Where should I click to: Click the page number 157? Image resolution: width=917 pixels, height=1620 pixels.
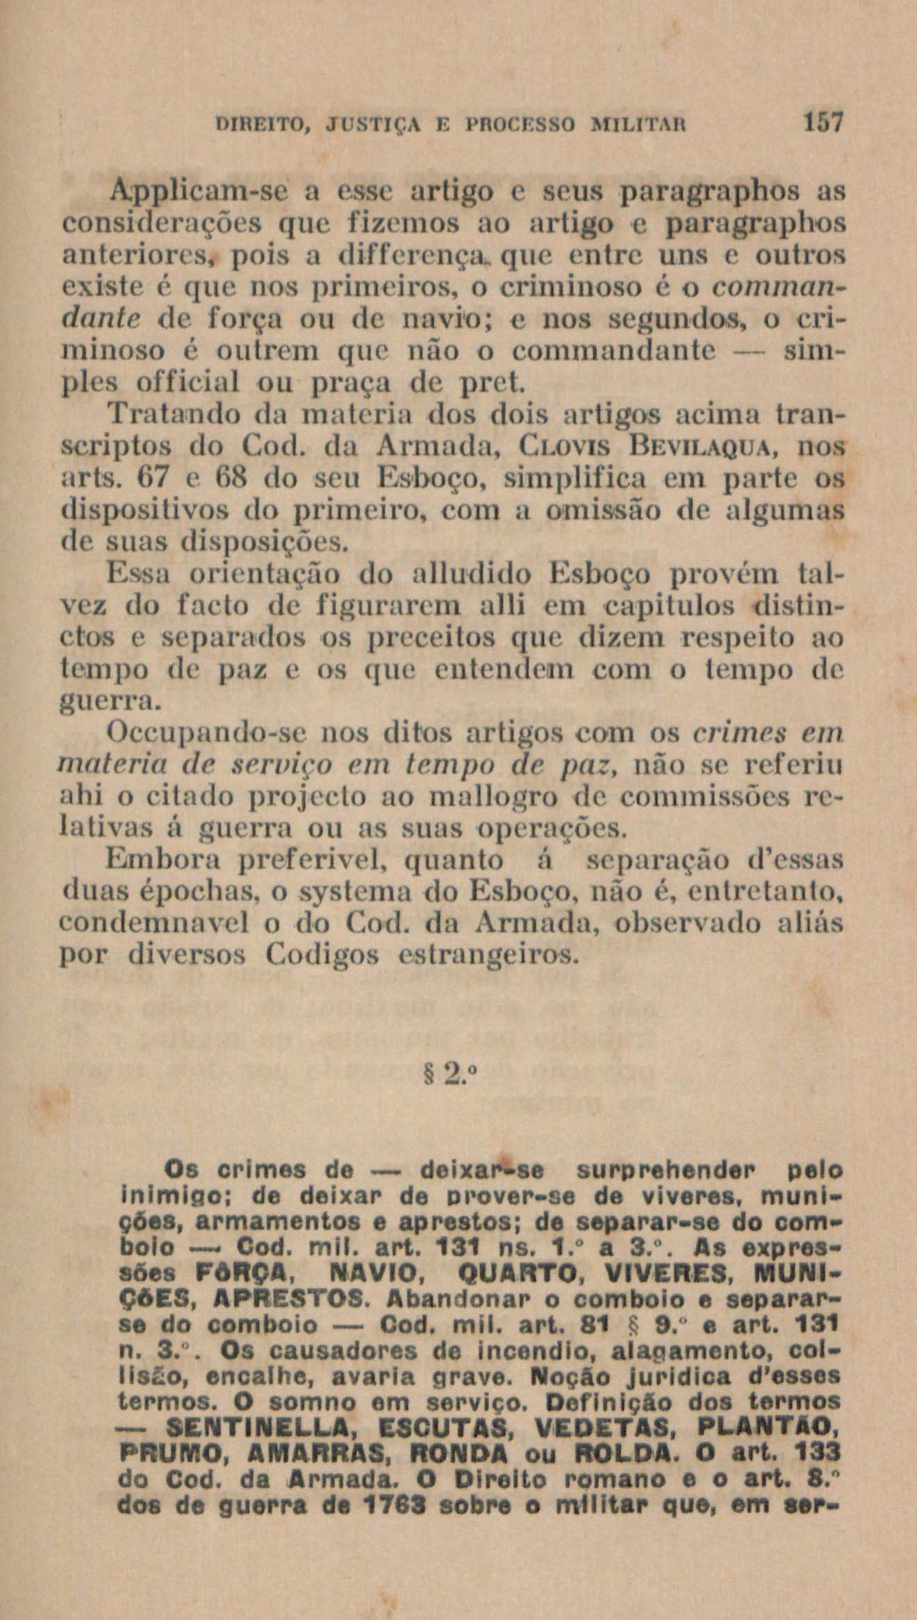coord(823,124)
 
